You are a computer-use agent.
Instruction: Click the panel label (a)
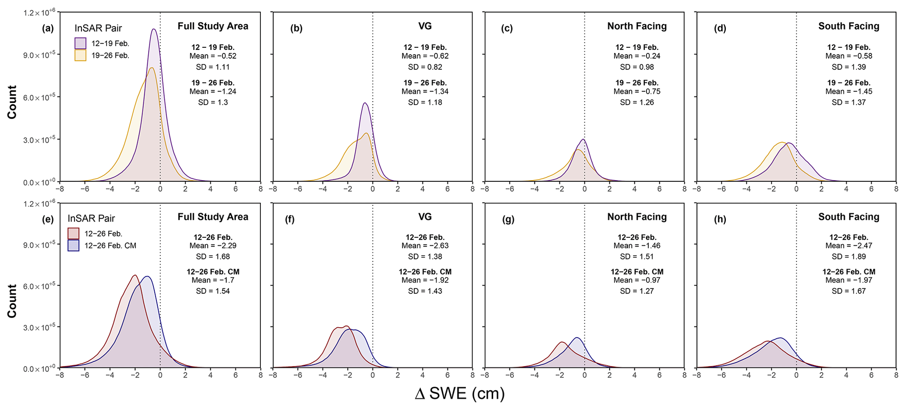(x=48, y=29)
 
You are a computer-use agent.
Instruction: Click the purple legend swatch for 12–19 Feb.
(x=80, y=43)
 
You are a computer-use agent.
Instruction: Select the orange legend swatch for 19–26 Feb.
(x=80, y=55)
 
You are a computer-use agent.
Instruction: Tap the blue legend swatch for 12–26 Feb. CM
(x=73, y=245)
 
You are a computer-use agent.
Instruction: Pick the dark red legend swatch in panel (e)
(x=73, y=233)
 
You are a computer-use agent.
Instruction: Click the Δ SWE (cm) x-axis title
(x=459, y=393)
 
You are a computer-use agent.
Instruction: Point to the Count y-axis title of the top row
(x=12, y=102)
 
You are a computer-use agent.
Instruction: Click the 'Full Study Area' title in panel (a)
(x=213, y=26)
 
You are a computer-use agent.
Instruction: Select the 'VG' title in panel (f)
(x=425, y=217)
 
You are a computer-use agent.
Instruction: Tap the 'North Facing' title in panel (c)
(x=637, y=26)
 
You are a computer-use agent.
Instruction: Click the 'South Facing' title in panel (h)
(x=849, y=217)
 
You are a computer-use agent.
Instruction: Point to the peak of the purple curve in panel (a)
(x=154, y=29)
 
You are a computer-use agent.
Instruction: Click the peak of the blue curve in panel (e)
(x=148, y=276)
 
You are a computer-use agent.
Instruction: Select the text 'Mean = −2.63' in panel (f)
(x=425, y=246)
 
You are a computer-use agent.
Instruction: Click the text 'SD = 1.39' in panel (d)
(x=849, y=67)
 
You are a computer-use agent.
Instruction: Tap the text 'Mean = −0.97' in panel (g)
(x=637, y=280)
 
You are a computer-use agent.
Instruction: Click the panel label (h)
(x=720, y=219)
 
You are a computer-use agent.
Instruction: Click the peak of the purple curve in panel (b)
(x=365, y=103)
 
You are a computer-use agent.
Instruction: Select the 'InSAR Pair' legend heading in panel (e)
(x=91, y=219)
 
